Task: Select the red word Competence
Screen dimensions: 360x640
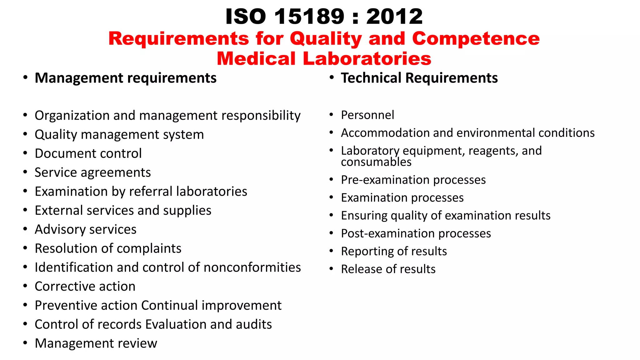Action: pyautogui.click(x=476, y=39)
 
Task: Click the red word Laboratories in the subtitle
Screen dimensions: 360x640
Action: pyautogui.click(x=367, y=59)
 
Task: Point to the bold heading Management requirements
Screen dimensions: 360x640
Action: pyautogui.click(x=125, y=78)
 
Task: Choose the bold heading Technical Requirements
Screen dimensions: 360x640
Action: pyautogui.click(x=419, y=78)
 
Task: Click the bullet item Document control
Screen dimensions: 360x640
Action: pyautogui.click(x=88, y=153)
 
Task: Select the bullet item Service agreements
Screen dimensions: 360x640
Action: pyautogui.click(x=92, y=172)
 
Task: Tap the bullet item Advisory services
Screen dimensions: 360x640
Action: pyautogui.click(x=85, y=229)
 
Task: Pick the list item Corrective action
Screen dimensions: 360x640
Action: pyautogui.click(x=85, y=286)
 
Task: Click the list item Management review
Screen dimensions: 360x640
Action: pyautogui.click(x=96, y=343)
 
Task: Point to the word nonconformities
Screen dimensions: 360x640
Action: pyautogui.click(x=252, y=267)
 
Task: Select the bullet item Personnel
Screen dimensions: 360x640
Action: pyautogui.click(x=367, y=115)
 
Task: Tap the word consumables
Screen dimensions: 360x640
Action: pyautogui.click(x=376, y=162)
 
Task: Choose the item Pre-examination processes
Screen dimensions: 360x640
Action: pyautogui.click(x=413, y=180)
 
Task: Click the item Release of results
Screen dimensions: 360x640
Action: pyautogui.click(x=388, y=269)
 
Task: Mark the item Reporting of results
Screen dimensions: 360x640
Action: pyautogui.click(x=394, y=251)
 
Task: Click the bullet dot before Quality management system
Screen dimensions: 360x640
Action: pyautogui.click(x=25, y=134)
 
